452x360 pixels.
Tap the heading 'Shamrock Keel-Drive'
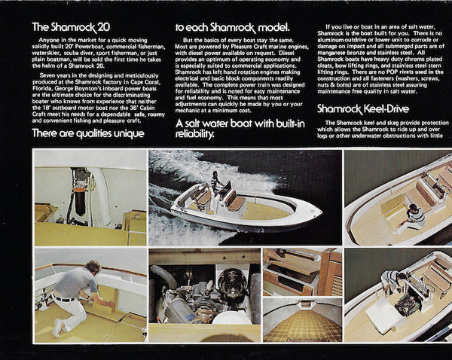click(362, 108)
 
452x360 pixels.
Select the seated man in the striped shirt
click(412, 216)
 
